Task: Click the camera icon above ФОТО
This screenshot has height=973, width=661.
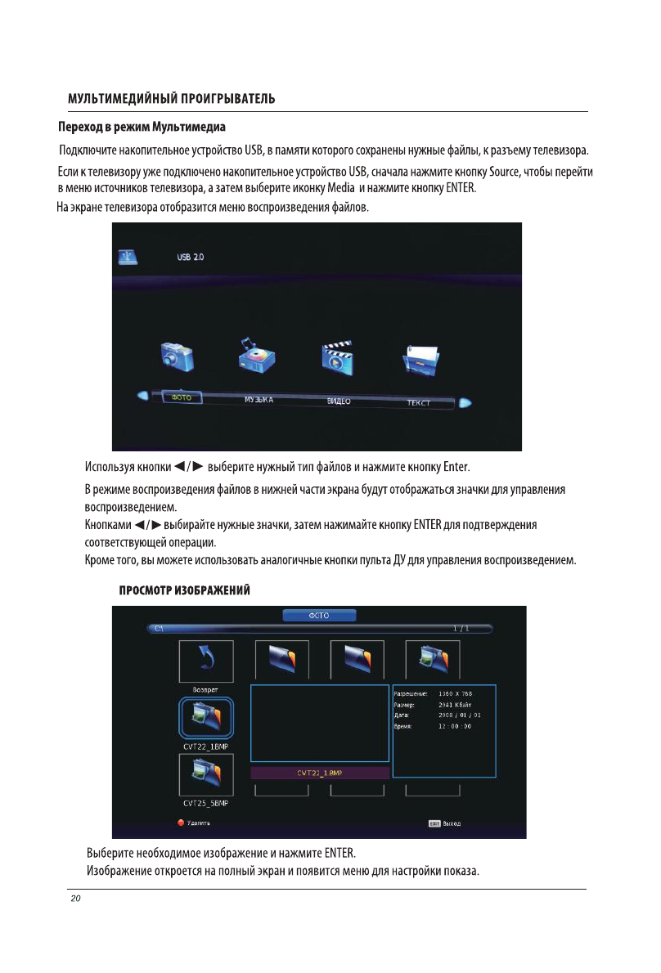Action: pyautogui.click(x=176, y=358)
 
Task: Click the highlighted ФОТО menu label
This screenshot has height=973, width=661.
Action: pyautogui.click(x=181, y=397)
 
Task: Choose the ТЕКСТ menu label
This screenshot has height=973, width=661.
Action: pyautogui.click(x=418, y=403)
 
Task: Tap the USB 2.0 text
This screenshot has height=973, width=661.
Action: pyautogui.click(x=191, y=257)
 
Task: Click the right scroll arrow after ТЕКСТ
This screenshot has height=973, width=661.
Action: pyautogui.click(x=465, y=402)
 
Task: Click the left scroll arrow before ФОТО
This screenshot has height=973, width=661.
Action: pyautogui.click(x=143, y=397)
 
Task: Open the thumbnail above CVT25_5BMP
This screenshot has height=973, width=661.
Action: pyautogui.click(x=205, y=776)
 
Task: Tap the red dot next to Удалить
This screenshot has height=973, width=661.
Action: pyautogui.click(x=182, y=823)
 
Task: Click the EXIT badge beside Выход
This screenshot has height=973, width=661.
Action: pyautogui.click(x=435, y=823)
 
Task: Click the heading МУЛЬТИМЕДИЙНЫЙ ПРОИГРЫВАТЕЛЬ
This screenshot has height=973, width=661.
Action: pyautogui.click(x=171, y=100)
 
